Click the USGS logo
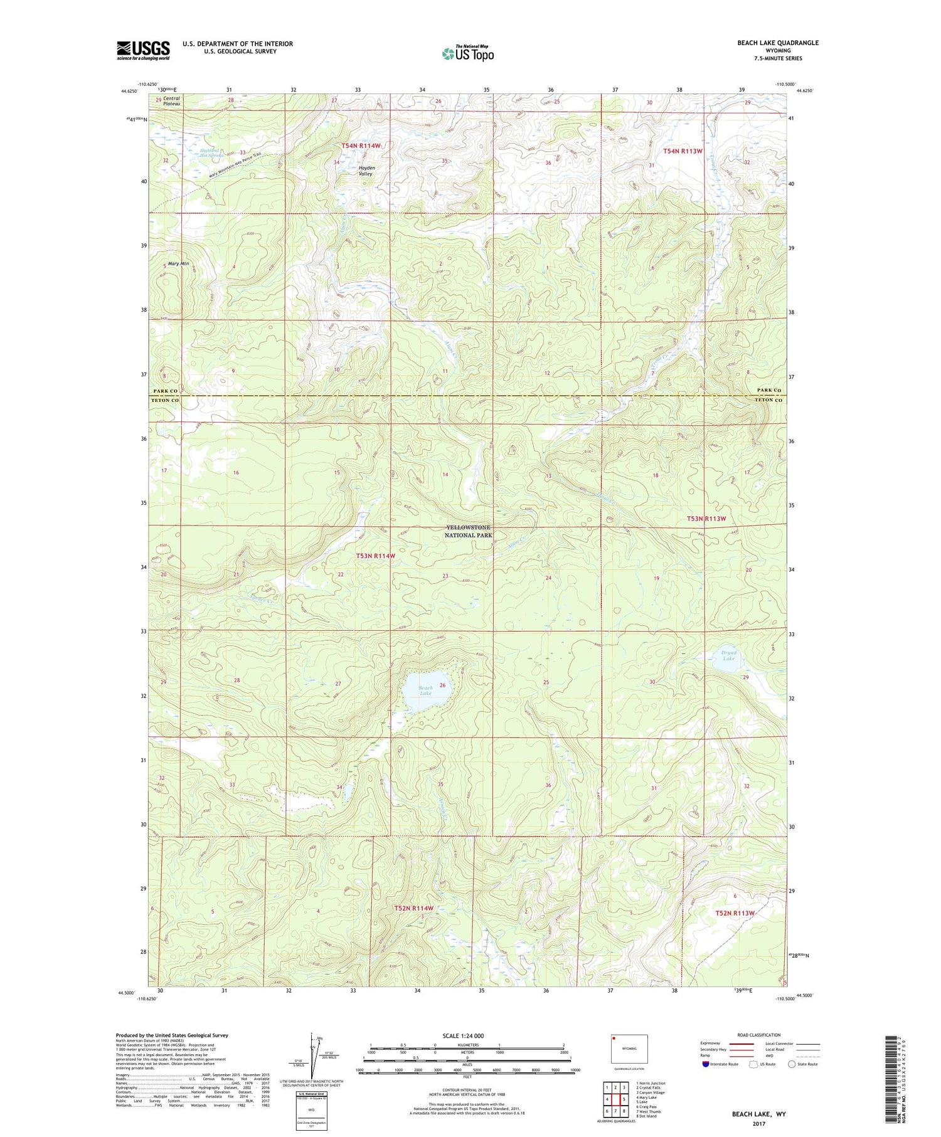[143, 50]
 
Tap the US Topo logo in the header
[468, 53]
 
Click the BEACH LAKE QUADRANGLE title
[777, 43]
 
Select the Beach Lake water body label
[425, 690]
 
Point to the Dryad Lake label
[728, 655]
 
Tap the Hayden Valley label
[366, 171]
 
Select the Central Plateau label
[171, 101]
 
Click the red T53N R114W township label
[375, 556]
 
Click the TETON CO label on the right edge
[768, 400]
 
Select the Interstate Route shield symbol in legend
[705, 1064]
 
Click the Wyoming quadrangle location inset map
[629, 1048]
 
